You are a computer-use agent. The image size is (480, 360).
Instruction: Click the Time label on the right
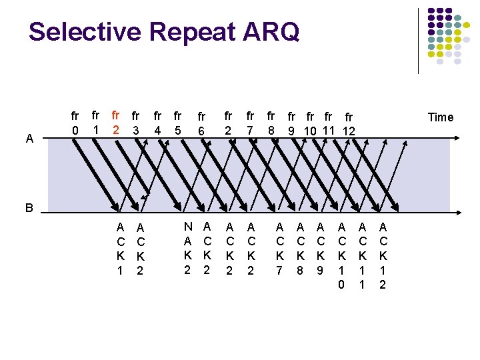(x=440, y=117)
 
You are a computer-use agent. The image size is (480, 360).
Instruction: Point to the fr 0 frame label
(x=75, y=123)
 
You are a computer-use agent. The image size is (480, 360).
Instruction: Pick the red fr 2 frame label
(x=117, y=121)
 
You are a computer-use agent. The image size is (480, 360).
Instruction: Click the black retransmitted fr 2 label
(x=228, y=123)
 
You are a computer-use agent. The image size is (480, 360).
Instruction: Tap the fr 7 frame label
(x=250, y=123)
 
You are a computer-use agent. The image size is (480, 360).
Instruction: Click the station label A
(x=29, y=139)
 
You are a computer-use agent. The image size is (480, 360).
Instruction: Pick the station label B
(x=29, y=207)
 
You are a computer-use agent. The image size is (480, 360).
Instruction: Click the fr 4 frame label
(x=158, y=123)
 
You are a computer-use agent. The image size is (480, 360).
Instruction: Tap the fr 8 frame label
(x=271, y=123)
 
